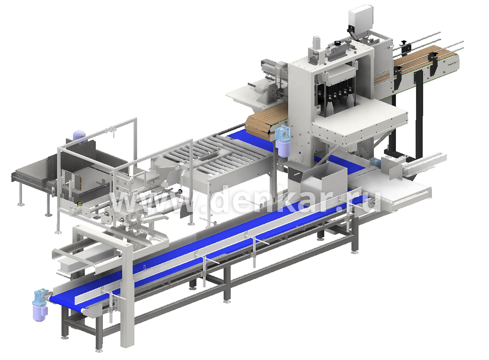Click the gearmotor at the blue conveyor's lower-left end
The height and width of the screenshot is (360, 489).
click(41, 304)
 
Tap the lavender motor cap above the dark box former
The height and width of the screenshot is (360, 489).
click(79, 136)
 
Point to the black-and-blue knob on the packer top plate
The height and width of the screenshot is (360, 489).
click(337, 43)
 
